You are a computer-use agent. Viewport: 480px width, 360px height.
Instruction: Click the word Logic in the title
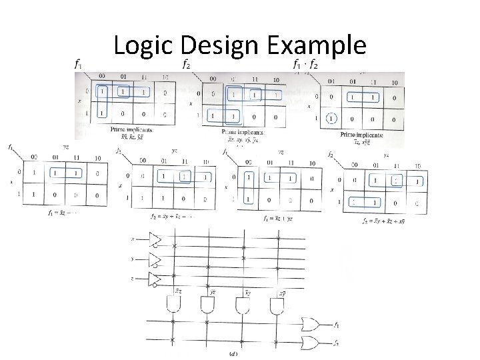[x=142, y=46]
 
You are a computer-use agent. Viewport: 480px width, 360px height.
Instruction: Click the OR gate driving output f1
[x=311, y=324]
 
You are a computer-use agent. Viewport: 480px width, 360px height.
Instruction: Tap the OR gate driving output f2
[x=311, y=343]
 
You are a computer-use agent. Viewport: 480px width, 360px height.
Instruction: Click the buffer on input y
[x=155, y=259]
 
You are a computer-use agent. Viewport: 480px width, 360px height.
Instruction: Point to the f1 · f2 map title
[x=306, y=65]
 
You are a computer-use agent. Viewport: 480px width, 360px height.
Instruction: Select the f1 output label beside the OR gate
[x=337, y=325]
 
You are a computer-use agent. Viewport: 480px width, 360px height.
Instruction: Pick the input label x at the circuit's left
[x=132, y=239]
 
